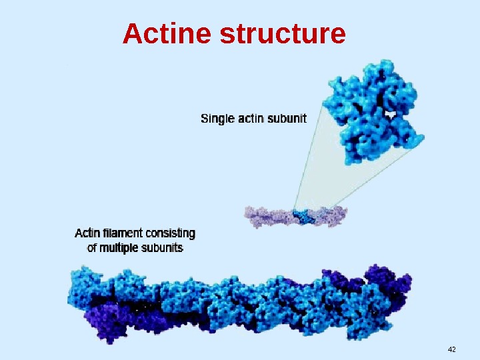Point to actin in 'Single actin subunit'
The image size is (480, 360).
[250, 119]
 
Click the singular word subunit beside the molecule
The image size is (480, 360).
[287, 119]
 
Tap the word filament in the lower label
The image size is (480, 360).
[123, 233]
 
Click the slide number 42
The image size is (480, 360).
[452, 350]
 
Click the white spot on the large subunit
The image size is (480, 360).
[392, 115]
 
